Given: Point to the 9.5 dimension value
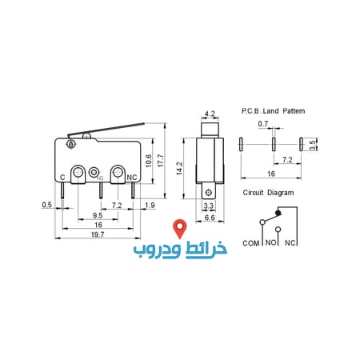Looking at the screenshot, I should (97, 215).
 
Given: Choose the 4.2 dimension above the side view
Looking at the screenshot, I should (210, 114).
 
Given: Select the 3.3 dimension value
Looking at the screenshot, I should (210, 206).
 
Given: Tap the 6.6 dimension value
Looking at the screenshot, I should (210, 217).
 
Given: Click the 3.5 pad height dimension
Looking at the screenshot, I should (312, 145).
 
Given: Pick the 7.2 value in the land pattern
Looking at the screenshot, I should (287, 160).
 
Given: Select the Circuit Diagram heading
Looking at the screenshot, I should (268, 193).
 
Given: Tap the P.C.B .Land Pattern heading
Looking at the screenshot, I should (273, 110).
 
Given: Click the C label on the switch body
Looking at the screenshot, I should (63, 178).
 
